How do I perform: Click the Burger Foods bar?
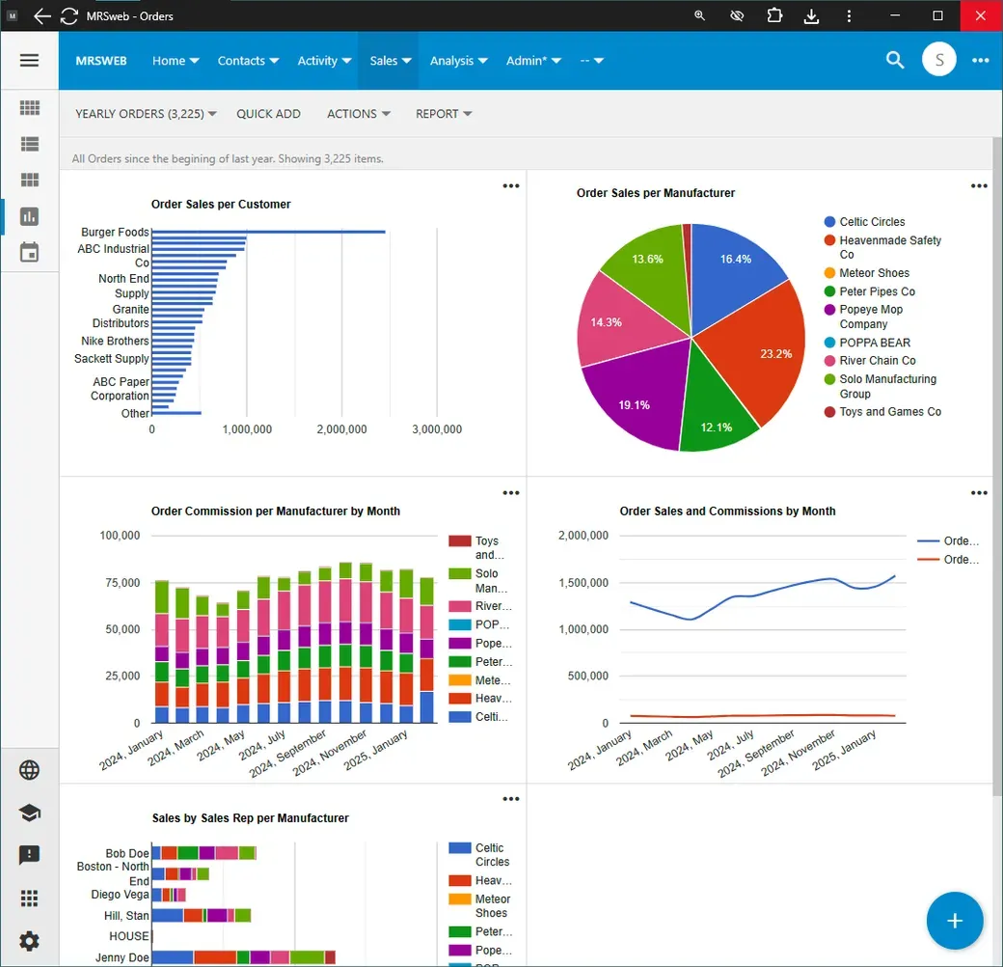click(269, 232)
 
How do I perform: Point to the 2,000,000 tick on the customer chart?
click(341, 429)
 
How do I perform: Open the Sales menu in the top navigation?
click(391, 61)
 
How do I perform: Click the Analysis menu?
click(459, 61)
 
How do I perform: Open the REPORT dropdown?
click(444, 114)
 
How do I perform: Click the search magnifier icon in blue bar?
click(895, 60)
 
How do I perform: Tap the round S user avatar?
click(938, 60)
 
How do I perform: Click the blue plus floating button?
click(955, 921)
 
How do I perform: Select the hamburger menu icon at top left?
click(30, 60)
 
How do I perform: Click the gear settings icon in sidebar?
click(30, 941)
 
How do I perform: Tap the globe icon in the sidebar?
click(30, 770)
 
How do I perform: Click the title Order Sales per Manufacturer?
click(656, 193)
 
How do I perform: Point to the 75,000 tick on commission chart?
click(122, 582)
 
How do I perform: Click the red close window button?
click(981, 15)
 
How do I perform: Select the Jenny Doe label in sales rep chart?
click(122, 957)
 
